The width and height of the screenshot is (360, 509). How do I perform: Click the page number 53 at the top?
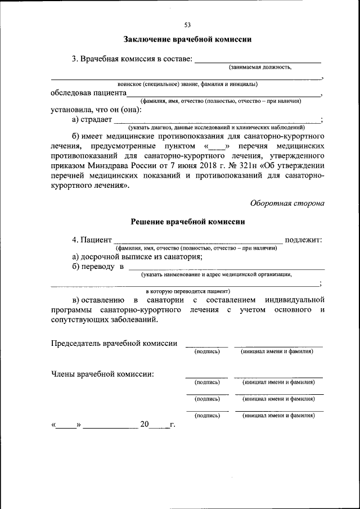click(x=187, y=24)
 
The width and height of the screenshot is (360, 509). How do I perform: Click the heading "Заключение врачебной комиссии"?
click(x=187, y=39)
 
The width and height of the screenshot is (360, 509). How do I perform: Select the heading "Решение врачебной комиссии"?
click(x=187, y=222)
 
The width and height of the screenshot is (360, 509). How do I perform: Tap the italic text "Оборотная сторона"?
click(x=287, y=203)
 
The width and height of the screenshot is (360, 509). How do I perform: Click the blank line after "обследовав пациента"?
click(x=223, y=94)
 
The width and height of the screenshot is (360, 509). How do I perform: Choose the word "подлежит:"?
click(x=304, y=240)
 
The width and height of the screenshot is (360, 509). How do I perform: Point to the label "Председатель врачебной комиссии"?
click(x=114, y=343)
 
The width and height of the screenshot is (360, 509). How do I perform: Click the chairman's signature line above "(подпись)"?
click(x=206, y=346)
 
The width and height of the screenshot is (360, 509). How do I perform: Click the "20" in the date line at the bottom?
click(x=145, y=425)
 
